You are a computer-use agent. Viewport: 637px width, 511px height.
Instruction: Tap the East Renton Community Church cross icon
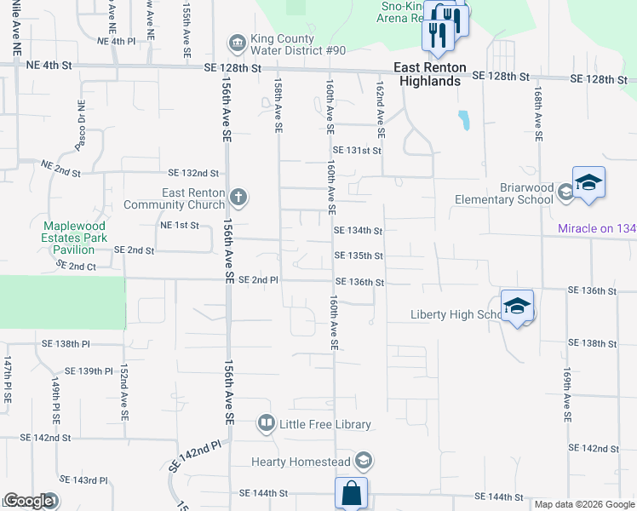(x=238, y=198)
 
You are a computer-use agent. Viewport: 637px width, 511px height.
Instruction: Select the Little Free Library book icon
(x=267, y=423)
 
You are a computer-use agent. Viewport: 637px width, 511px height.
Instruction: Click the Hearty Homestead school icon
(x=364, y=462)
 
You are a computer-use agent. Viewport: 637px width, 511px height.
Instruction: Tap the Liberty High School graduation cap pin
(x=517, y=307)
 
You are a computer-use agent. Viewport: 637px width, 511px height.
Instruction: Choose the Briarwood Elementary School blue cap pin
(x=588, y=184)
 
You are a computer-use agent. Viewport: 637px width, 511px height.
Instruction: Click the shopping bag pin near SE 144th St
(x=351, y=494)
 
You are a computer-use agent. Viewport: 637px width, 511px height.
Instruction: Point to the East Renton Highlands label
(x=427, y=74)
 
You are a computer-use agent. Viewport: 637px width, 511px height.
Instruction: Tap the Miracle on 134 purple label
(x=597, y=228)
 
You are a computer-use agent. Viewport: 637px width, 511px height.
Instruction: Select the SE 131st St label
(x=356, y=150)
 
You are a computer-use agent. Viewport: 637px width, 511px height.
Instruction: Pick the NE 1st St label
(x=179, y=226)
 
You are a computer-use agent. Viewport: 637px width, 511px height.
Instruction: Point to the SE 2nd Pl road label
(x=258, y=280)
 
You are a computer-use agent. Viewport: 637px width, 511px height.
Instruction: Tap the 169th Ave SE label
(x=565, y=396)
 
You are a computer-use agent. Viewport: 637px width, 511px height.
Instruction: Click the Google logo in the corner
(x=28, y=501)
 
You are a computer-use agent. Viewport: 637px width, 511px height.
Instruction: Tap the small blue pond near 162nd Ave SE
(x=463, y=120)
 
